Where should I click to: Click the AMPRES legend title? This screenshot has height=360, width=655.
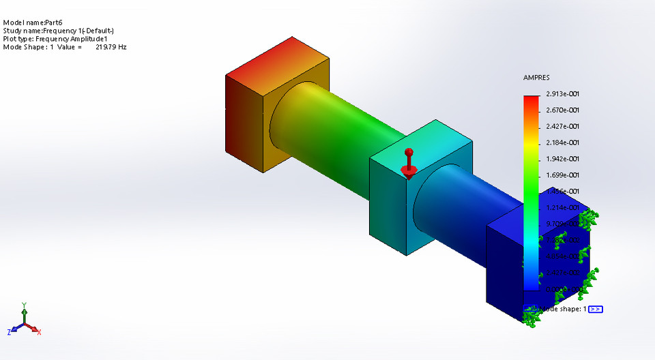tap(536, 78)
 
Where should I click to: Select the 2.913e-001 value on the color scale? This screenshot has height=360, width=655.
tap(562, 94)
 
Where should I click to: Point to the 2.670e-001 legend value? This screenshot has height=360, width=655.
tap(562, 110)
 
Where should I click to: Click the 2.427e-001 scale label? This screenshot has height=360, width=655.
tap(562, 127)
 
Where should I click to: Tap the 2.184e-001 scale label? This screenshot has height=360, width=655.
tap(562, 142)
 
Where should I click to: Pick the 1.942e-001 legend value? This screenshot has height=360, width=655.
tap(562, 159)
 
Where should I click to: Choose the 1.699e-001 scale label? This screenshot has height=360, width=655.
tap(562, 175)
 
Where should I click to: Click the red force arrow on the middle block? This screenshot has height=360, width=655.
tap(408, 162)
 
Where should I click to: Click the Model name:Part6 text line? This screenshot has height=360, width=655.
tap(33, 22)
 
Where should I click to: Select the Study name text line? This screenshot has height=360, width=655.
tap(59, 31)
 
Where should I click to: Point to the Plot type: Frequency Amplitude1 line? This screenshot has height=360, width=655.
tap(55, 39)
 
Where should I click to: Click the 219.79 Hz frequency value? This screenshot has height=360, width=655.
tap(111, 47)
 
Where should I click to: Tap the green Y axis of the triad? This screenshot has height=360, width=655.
tap(24, 313)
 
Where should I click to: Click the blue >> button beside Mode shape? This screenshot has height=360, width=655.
tap(595, 309)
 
